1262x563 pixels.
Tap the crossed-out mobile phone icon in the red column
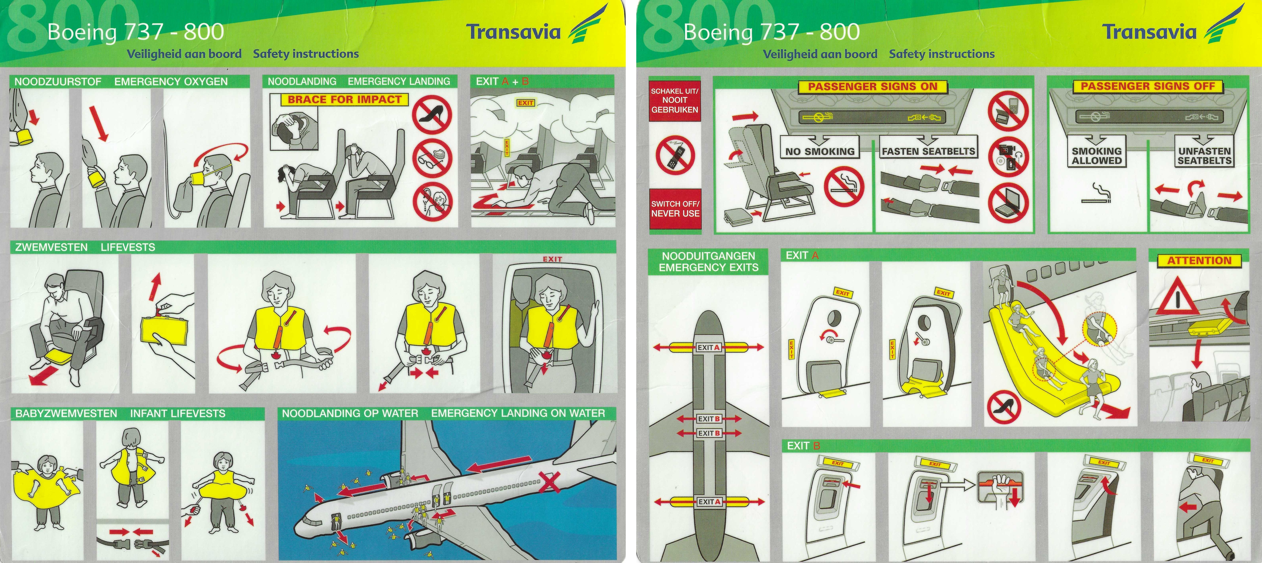coord(675,155)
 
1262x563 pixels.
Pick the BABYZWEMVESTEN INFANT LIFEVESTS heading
coord(120,413)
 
